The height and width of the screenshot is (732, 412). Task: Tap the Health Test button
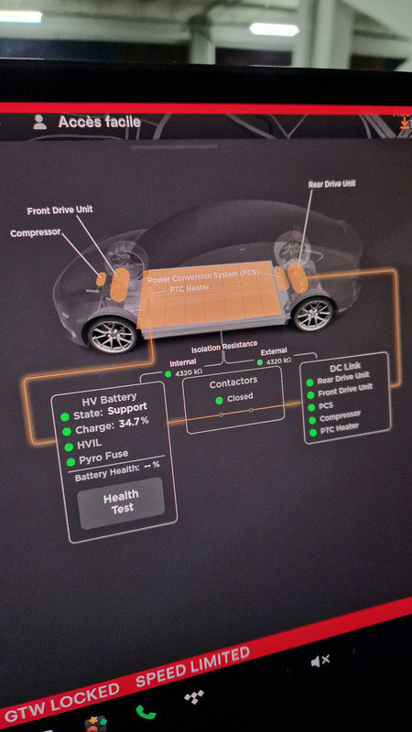121,502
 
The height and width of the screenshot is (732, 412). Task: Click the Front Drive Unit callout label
60,210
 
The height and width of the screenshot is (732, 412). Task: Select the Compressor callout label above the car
36,232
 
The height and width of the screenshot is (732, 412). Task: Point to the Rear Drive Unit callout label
331,184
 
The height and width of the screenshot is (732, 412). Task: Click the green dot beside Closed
219,400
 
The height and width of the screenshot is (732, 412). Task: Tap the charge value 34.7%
134,422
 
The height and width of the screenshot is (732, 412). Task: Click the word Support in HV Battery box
127,409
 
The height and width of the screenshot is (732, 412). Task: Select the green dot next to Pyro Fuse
70,462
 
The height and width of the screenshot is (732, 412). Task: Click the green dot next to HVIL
70,447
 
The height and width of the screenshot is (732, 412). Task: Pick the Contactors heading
233,383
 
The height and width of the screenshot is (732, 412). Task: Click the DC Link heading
345,367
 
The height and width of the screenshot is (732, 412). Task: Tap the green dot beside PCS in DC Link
309,407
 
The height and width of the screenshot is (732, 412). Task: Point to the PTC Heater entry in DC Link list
339,427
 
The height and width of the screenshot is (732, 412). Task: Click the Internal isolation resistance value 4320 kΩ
187,373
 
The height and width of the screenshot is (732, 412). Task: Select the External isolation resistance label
274,351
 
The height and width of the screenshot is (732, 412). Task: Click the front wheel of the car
112,334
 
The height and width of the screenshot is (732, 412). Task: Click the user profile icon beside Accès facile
40,123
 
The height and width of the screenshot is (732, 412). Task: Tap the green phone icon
146,712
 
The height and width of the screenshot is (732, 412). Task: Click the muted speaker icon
320,660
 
